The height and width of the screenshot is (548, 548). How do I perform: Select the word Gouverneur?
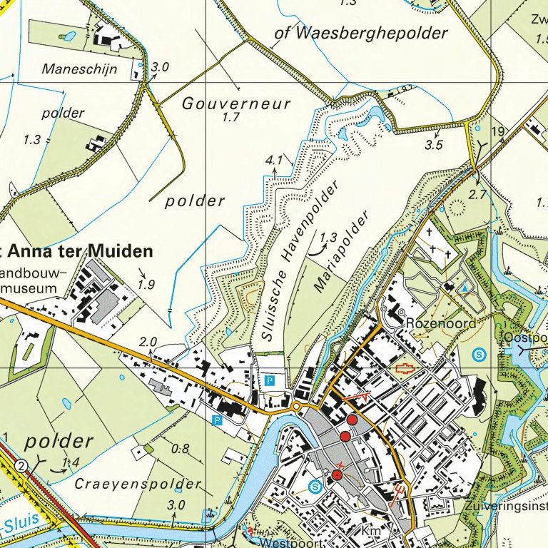click(x=237, y=104)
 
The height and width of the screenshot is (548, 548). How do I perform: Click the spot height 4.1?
click(x=275, y=159)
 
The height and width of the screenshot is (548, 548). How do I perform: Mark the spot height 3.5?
click(x=434, y=145)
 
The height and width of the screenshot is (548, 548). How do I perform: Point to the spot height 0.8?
click(x=181, y=449)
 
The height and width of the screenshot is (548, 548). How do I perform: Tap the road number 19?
click(x=497, y=131)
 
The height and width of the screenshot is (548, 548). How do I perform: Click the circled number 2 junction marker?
click(x=23, y=466)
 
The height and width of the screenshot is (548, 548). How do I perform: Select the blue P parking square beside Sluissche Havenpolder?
click(x=270, y=381)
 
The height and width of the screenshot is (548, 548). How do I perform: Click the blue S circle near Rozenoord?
click(x=480, y=353)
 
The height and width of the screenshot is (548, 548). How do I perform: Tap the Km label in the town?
click(x=369, y=532)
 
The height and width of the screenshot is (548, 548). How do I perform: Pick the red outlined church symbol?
click(x=404, y=368)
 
